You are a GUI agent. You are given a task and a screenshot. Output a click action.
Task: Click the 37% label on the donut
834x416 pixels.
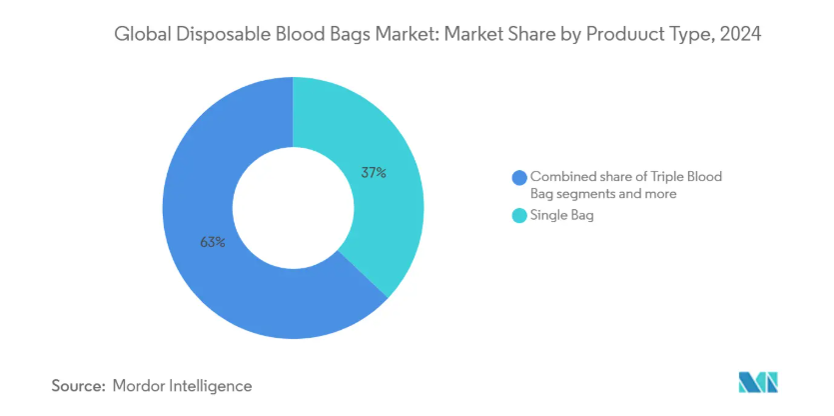pos(373,173)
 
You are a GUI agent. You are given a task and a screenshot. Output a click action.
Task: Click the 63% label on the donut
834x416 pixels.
pos(213,242)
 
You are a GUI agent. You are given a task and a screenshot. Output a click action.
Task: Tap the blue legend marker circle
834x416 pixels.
pos(519,177)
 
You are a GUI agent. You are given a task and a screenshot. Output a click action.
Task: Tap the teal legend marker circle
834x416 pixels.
pos(519,216)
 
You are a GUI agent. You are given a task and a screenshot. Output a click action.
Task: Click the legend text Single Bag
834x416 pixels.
pos(562,216)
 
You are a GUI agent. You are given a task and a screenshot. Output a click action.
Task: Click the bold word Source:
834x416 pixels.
pos(79,386)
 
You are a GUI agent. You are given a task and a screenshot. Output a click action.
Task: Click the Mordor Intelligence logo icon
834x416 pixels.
pos(758,382)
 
